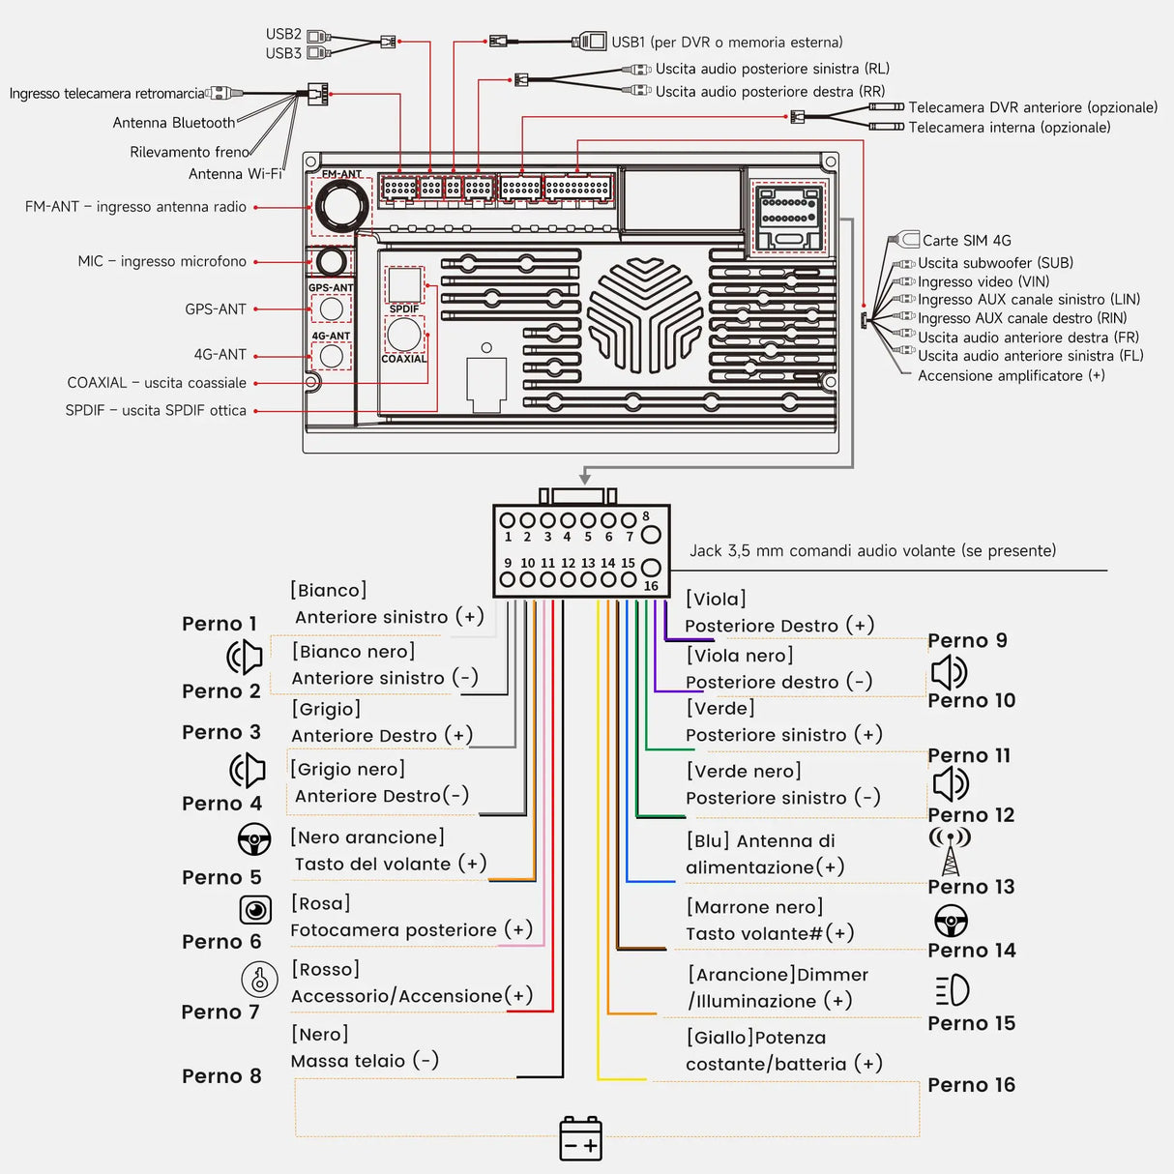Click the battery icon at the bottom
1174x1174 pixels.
click(580, 1138)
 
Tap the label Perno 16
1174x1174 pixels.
click(971, 1085)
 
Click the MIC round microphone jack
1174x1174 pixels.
click(331, 261)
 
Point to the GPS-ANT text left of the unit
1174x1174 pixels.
click(216, 309)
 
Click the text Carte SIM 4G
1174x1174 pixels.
click(966, 241)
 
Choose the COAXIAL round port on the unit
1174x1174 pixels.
click(403, 335)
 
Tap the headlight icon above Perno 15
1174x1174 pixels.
click(952, 989)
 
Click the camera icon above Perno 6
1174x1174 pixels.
click(255, 910)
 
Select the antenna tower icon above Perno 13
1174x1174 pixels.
click(950, 851)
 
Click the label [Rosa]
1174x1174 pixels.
click(321, 903)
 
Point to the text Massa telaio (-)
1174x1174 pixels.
click(365, 1061)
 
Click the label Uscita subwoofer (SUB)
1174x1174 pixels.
click(995, 263)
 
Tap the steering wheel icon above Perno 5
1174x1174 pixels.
click(254, 838)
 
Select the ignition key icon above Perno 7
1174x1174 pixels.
click(259, 980)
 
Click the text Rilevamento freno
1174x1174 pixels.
click(190, 152)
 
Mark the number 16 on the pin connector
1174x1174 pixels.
click(651, 586)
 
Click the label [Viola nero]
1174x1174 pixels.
click(740, 656)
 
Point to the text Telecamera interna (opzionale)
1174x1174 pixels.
click(1009, 128)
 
